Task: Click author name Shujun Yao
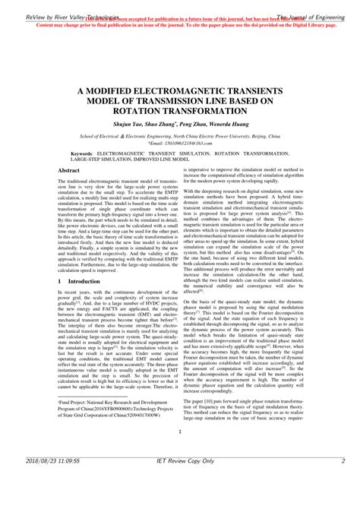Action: (131, 123)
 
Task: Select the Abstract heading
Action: (70, 171)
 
